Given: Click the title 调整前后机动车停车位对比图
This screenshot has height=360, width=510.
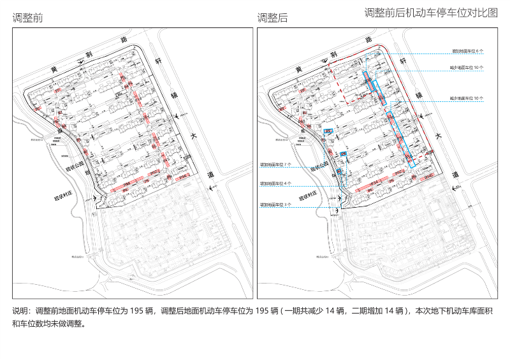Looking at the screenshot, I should (x=431, y=13).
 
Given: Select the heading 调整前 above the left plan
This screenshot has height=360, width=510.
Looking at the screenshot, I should (x=27, y=18).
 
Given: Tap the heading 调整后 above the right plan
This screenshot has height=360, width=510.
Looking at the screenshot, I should (x=272, y=18).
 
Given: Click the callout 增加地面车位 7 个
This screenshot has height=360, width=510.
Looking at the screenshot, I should (x=275, y=164).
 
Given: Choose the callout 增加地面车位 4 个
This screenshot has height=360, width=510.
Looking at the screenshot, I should (x=275, y=184).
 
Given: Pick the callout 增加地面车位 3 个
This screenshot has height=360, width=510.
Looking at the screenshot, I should (x=275, y=205).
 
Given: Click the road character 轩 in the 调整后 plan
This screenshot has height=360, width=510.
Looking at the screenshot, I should (x=403, y=61).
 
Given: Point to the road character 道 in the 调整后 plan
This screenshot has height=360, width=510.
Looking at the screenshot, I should (x=455, y=174).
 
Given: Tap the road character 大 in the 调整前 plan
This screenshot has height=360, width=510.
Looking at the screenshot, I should (x=193, y=136).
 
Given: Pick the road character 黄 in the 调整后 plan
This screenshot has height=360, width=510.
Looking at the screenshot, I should (x=298, y=69).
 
